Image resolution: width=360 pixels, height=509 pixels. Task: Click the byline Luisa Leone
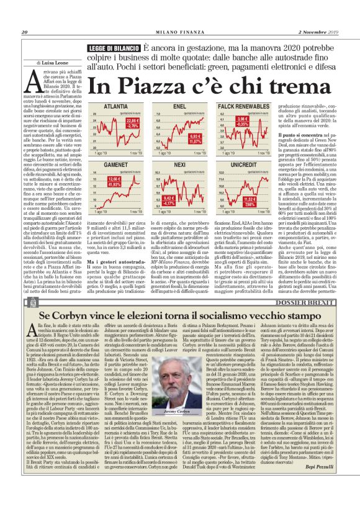point(56,62)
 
